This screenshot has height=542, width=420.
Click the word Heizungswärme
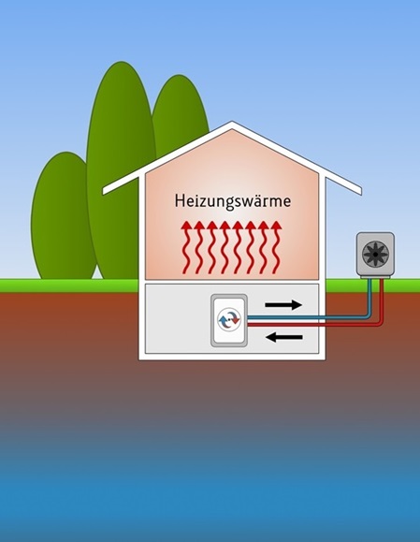pyautogui.click(x=233, y=201)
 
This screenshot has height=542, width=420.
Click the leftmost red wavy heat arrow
pyautogui.click(x=187, y=247)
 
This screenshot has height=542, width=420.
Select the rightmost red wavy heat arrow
pyautogui.click(x=276, y=247)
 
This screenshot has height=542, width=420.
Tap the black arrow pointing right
pyautogui.click(x=283, y=305)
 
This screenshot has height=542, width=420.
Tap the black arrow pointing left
pyautogui.click(x=285, y=337)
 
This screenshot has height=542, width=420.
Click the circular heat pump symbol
pyautogui.click(x=229, y=320)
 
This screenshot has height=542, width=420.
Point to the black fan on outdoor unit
pyautogui.click(x=375, y=254)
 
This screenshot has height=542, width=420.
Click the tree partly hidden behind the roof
pyautogui.click(x=179, y=110)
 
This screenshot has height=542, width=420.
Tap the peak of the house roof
pyautogui.click(x=232, y=122)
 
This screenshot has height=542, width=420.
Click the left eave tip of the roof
pyautogui.click(x=104, y=191)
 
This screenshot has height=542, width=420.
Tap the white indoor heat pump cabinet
pyautogui.click(x=229, y=320)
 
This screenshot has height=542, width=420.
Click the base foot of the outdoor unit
pyautogui.click(x=375, y=277)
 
